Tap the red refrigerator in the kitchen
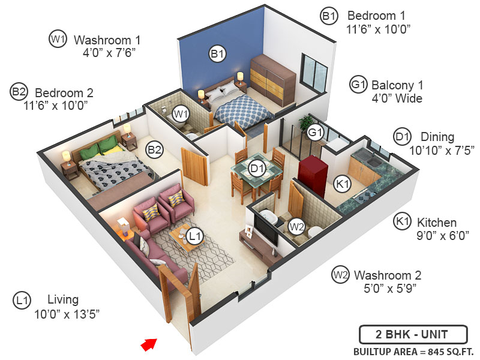tap(311, 173)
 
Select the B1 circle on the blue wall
tap(217, 54)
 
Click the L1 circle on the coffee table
tap(193, 236)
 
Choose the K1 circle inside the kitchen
tap(342, 184)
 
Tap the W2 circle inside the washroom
tap(296, 226)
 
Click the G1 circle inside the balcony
tap(316, 132)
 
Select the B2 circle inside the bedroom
tap(155, 149)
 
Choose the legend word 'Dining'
tap(437, 137)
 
